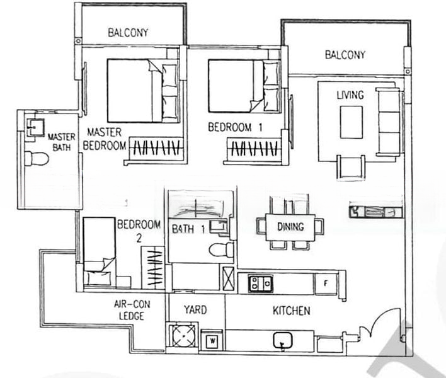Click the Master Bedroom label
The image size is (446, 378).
pyautogui.click(x=105, y=139)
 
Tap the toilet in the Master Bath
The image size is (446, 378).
pyautogui.click(x=37, y=158)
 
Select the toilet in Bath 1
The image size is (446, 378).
pyautogui.click(x=221, y=249)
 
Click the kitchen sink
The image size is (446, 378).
pyautogui.click(x=283, y=340)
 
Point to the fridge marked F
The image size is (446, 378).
pyautogui.click(x=326, y=283)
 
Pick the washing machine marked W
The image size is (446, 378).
pyautogui.click(x=212, y=340)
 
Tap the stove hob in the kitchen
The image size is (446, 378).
pyautogui.click(x=261, y=283)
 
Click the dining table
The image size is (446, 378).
pyautogui.click(x=290, y=227)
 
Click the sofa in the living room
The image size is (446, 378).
pyautogui.click(x=389, y=122)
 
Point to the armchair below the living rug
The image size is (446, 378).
pyautogui.click(x=351, y=168)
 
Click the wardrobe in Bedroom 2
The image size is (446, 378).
pyautogui.click(x=153, y=267)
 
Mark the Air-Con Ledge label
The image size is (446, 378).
pyautogui.click(x=132, y=311)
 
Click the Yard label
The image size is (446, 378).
pyautogui.click(x=195, y=310)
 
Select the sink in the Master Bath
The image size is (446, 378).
pyautogui.click(x=35, y=127)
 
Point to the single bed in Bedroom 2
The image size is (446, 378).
pyautogui.click(x=99, y=251)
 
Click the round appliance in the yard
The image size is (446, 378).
pyautogui.click(x=184, y=336)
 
